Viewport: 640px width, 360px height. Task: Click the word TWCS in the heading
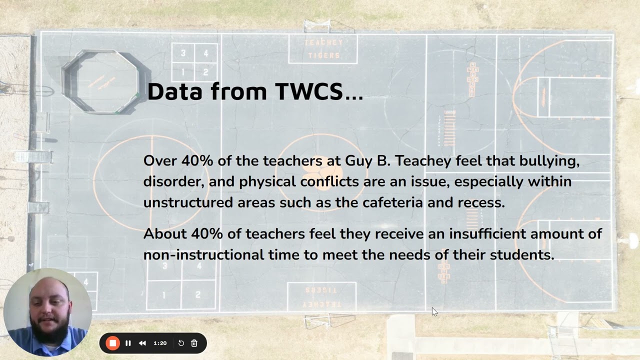(x=309, y=91)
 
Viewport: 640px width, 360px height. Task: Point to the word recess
(x=481, y=202)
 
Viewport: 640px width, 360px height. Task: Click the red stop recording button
(x=112, y=343)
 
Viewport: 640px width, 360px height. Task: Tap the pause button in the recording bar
(x=128, y=343)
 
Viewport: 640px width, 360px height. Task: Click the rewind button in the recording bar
(x=142, y=343)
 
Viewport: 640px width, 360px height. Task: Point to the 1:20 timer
(x=160, y=343)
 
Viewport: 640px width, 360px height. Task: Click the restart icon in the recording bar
(x=181, y=343)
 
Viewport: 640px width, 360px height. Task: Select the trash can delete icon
(x=194, y=343)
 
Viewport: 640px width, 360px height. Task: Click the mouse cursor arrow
(x=434, y=311)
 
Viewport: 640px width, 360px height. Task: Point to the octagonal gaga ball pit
(x=101, y=81)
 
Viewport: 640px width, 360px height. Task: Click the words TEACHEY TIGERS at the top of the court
(x=323, y=49)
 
